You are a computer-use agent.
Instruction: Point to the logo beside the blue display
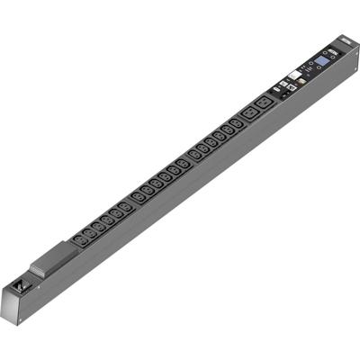click(308, 78)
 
